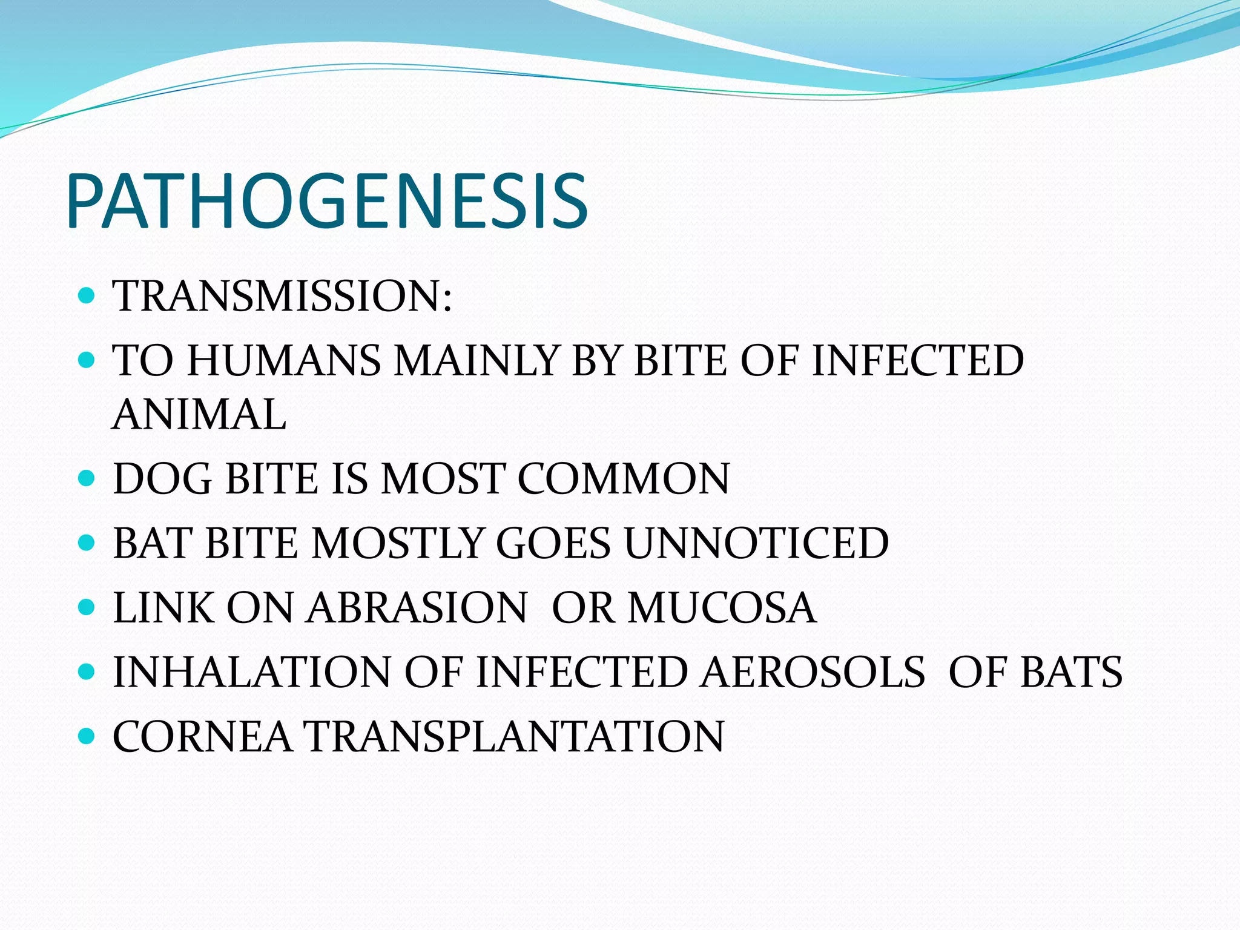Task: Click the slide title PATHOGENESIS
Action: coord(327,202)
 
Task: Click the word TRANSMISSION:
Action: coord(282,297)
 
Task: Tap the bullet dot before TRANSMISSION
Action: coord(87,295)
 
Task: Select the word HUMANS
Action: coord(283,361)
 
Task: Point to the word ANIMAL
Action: coord(199,415)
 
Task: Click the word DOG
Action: coord(162,479)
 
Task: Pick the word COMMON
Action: coord(623,479)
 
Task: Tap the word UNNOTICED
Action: coord(756,543)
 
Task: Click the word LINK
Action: coord(163,608)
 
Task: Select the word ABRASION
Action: coord(417,608)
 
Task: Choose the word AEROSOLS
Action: coord(813,673)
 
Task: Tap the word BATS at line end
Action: coord(1071,673)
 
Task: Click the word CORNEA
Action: coord(202,737)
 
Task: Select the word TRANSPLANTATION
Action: coord(516,737)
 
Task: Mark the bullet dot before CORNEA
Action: coord(87,736)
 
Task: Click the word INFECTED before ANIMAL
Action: coord(917,361)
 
